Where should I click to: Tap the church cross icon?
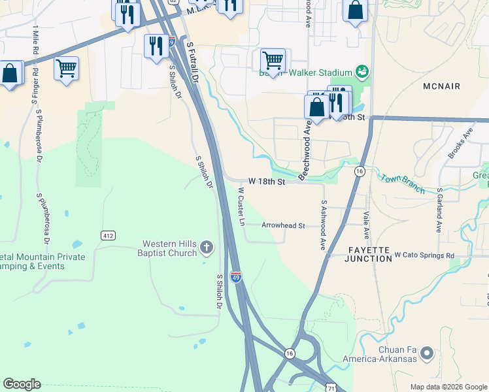pos(207,247)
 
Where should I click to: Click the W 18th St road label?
pos(267,181)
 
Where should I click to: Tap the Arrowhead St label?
pos(284,225)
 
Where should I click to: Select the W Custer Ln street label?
pos(241,206)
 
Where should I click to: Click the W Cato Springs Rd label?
pos(424,255)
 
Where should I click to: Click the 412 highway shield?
pos(109,235)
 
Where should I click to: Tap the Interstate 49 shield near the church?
pos(236,277)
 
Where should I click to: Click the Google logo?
pos(22,384)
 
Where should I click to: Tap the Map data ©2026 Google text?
pos(448,387)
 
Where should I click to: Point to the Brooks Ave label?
pos(460,146)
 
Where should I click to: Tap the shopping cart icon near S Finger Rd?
pos(66,67)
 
